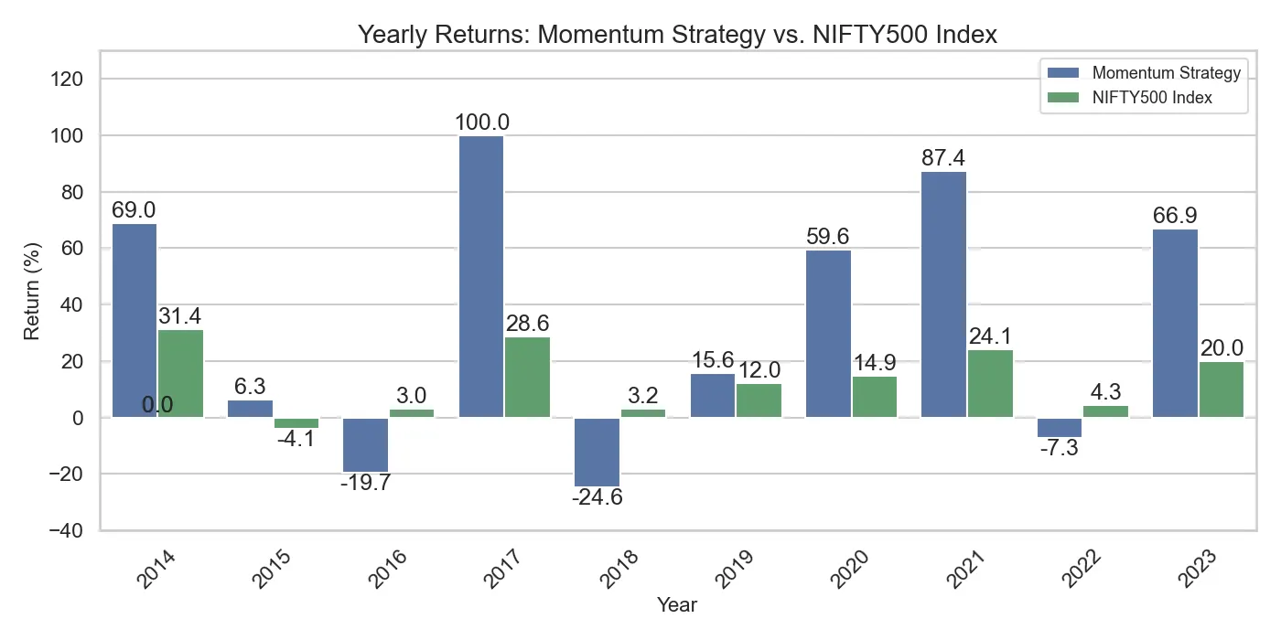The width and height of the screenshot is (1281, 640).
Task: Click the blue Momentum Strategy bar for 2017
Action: click(481, 277)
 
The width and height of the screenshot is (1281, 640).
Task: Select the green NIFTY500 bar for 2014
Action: click(180, 374)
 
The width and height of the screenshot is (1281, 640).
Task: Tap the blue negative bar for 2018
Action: click(597, 452)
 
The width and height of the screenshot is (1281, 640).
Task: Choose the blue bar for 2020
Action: click(828, 334)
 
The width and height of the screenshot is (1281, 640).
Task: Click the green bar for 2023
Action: click(1221, 389)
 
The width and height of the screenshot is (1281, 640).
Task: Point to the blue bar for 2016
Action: click(365, 445)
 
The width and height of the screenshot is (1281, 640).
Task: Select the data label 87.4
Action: click(943, 158)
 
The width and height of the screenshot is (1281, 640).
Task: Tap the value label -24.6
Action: click(597, 499)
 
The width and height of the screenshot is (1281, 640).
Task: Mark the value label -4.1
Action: click(296, 440)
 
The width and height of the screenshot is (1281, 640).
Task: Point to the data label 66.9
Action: click(1175, 216)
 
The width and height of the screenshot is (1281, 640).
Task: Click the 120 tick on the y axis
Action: click(70, 80)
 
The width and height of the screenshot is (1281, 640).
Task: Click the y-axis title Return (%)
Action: click(32, 291)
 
